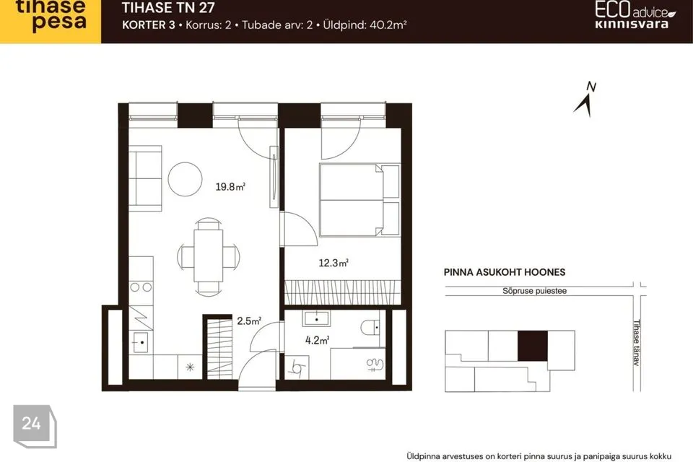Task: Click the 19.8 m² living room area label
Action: click(x=230, y=186)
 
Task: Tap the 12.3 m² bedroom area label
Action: click(x=334, y=263)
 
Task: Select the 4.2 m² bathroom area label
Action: click(x=317, y=340)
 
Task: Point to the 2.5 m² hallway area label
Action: click(x=249, y=321)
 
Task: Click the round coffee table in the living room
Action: click(x=186, y=179)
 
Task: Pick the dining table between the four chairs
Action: click(x=208, y=256)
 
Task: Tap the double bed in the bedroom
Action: click(x=359, y=200)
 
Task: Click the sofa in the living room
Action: click(x=145, y=178)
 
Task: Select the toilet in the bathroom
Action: click(x=370, y=328)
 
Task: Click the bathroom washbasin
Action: click(x=316, y=319)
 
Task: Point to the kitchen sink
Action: click(x=141, y=342)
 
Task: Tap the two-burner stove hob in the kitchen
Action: click(x=141, y=287)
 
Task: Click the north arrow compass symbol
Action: click(x=586, y=100)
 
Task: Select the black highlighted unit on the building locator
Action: click(x=533, y=346)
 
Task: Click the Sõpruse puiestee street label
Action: click(x=534, y=291)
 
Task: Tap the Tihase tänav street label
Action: click(x=637, y=343)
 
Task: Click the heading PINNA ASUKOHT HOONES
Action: click(x=505, y=272)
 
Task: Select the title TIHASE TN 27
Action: click(x=168, y=7)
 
